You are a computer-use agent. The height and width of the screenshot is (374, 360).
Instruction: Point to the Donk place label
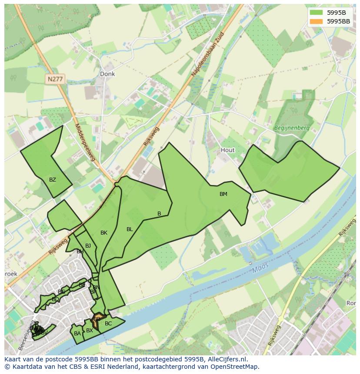click(107, 74)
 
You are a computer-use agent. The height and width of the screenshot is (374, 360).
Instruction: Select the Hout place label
click(227, 150)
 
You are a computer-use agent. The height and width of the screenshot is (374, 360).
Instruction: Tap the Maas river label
click(260, 268)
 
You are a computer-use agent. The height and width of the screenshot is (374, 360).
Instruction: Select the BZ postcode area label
click(53, 180)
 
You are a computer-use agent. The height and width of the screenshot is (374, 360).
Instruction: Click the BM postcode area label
click(223, 194)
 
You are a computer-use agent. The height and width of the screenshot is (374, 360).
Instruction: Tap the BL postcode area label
click(130, 229)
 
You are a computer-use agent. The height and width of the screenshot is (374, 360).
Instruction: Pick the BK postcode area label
click(104, 233)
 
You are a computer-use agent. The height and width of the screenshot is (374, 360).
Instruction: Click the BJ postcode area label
click(88, 246)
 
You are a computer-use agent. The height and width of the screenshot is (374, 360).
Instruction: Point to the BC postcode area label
click(108, 324)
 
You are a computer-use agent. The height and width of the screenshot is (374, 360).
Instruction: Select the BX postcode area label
click(90, 331)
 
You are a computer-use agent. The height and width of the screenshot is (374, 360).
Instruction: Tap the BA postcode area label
click(77, 334)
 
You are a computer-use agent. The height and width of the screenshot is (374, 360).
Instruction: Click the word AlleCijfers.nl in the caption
click(226, 359)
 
